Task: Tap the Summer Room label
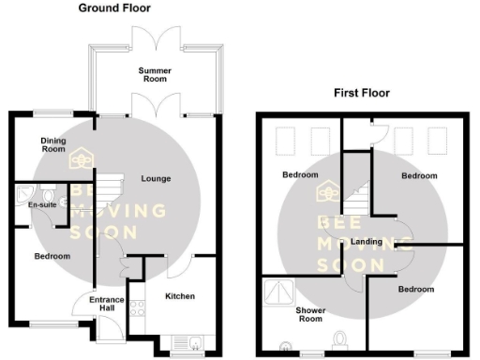pyautogui.click(x=155, y=74)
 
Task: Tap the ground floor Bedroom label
pyautogui.click(x=52, y=256)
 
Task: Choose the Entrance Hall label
pyautogui.click(x=107, y=304)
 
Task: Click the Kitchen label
pyautogui.click(x=180, y=296)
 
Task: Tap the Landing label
pyautogui.click(x=366, y=242)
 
